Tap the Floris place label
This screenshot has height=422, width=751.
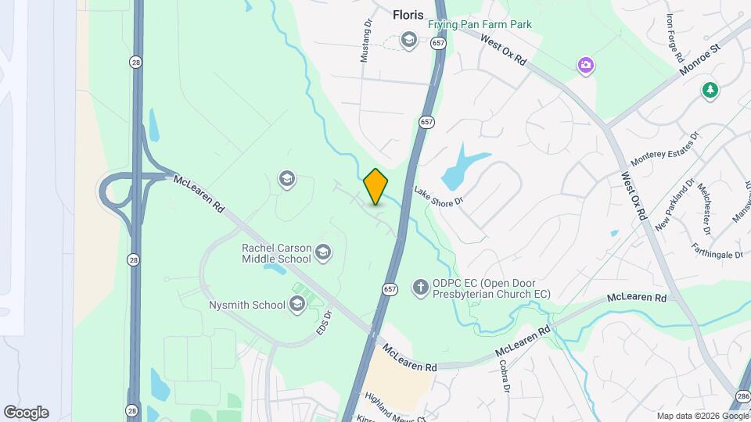[x=407, y=14]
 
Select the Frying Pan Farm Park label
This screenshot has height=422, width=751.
[x=480, y=24]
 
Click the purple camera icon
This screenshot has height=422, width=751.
[x=585, y=66]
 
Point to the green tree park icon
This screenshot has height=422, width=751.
[x=710, y=90]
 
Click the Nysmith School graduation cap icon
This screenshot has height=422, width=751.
[x=296, y=305]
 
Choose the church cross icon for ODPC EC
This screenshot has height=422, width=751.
[x=420, y=288]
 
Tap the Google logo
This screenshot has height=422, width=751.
[x=26, y=413]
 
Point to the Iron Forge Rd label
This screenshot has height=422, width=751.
[x=675, y=38]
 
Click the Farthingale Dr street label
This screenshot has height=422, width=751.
[x=717, y=252]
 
